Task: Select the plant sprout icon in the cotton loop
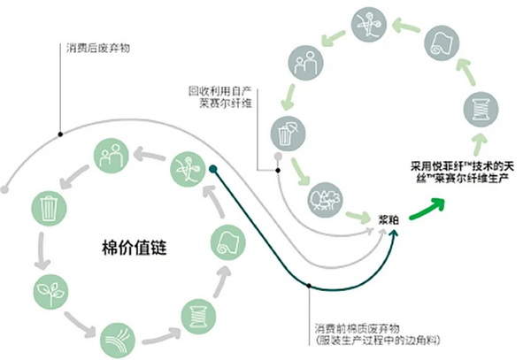47,288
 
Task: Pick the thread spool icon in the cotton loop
194,311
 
